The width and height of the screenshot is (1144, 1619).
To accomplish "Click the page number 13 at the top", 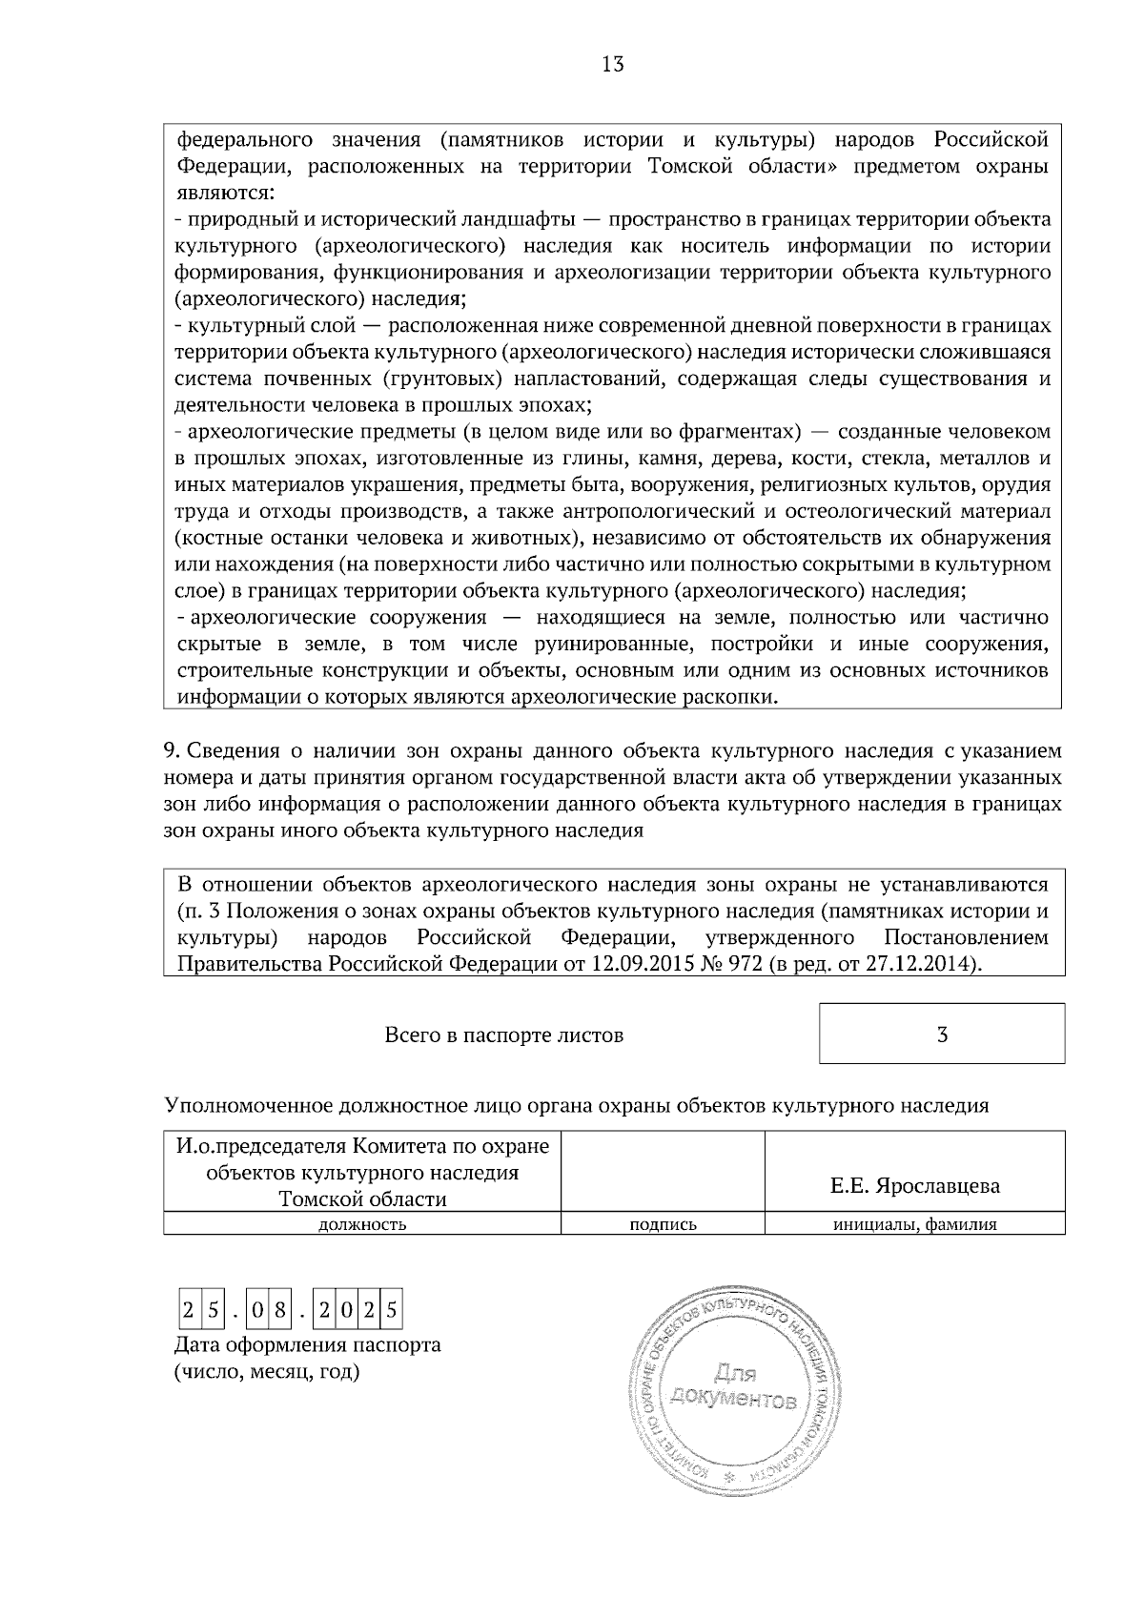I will point(613,65).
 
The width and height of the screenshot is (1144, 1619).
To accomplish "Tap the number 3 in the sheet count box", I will point(942,1035).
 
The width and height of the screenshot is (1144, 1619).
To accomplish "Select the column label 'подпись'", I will point(664,1225).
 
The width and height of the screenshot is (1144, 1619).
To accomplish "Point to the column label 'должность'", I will point(362,1225).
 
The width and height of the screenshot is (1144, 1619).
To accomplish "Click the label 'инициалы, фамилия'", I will point(915,1225).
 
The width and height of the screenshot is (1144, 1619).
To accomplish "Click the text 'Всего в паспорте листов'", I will point(503,1035).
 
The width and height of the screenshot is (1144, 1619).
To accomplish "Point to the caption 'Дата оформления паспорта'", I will point(307,1345).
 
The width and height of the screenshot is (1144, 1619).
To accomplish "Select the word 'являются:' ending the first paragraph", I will point(225,193).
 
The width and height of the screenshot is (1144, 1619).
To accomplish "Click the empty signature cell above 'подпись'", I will point(664,1171).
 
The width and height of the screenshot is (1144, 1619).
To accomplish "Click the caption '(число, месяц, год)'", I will point(267,1373).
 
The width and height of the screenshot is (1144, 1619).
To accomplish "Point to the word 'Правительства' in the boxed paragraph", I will point(244,963).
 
